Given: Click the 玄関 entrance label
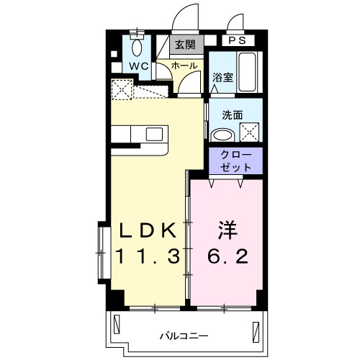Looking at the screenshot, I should pos(184,45).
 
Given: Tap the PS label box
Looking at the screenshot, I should pos(238,40).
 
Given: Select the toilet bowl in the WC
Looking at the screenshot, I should pos(138,49).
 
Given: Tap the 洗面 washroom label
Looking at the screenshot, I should pos(232,114).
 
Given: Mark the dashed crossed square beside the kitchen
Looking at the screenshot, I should pos(122,89).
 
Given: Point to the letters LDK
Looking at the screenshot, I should pos(147,230).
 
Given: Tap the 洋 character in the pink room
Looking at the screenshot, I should pos(227,230).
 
